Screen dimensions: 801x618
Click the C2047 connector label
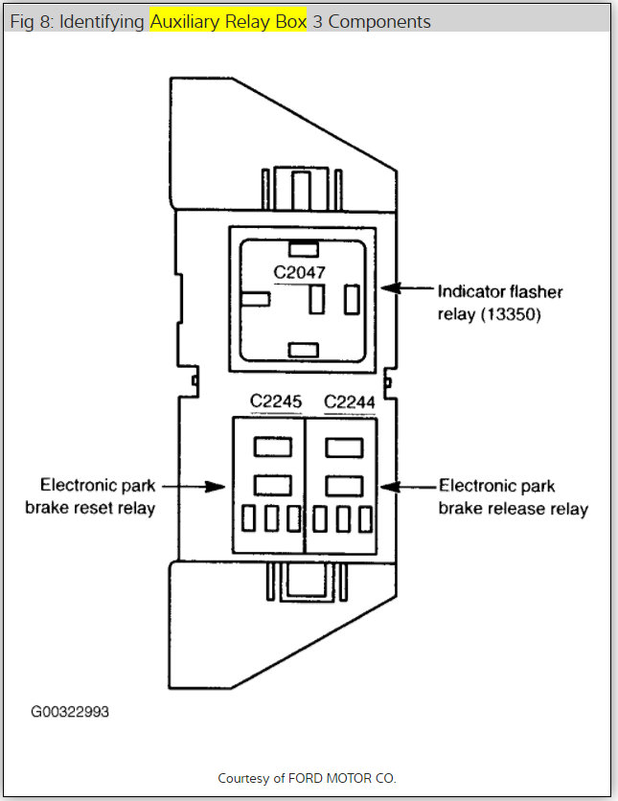tap(299, 272)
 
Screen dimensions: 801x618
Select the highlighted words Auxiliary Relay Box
tap(228, 20)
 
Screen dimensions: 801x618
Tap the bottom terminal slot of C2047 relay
tap(303, 349)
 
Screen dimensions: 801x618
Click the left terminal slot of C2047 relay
tap(255, 299)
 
